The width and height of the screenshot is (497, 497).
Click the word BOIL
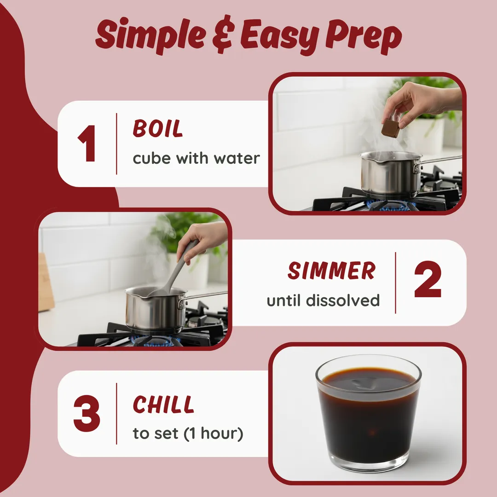pyautogui.click(x=158, y=128)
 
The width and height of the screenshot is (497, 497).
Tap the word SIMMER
pyautogui.click(x=331, y=271)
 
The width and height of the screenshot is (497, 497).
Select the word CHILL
pyautogui.click(x=163, y=405)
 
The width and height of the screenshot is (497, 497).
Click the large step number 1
pyautogui.click(x=87, y=143)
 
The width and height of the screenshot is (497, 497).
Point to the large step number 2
pyautogui.click(x=428, y=279)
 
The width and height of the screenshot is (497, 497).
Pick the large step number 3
pyautogui.click(x=87, y=414)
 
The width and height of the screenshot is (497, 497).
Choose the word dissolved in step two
pyautogui.click(x=343, y=300)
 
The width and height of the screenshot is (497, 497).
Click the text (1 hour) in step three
pyautogui.click(x=214, y=433)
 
